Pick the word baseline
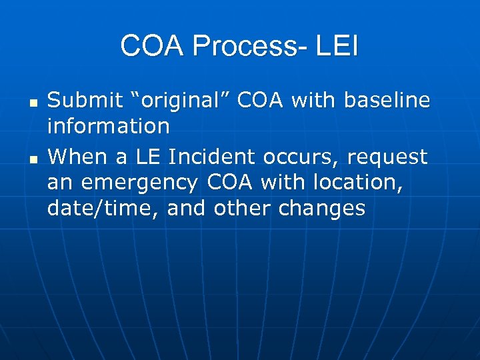pyautogui.click(x=387, y=101)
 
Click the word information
pyautogui.click(x=109, y=125)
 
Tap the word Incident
pyautogui.click(x=213, y=157)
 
